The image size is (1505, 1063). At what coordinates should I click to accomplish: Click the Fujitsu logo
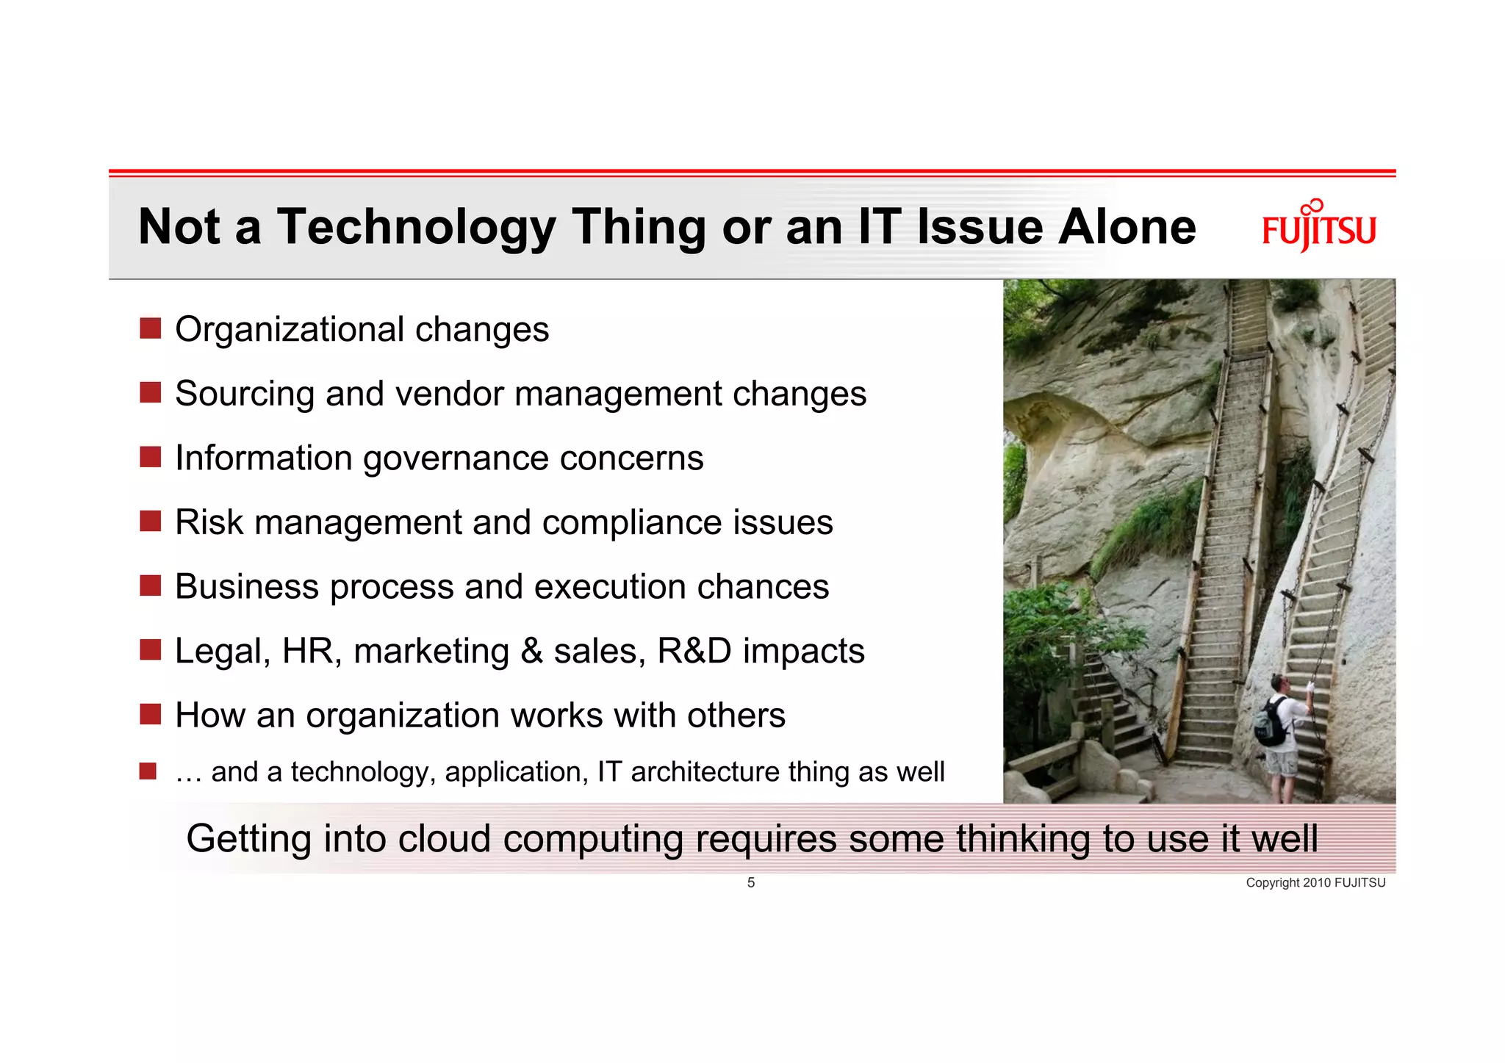pyautogui.click(x=1318, y=228)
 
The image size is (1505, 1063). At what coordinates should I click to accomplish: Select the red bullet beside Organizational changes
pyautogui.click(x=150, y=328)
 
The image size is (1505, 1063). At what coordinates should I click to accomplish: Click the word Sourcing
pyautogui.click(x=245, y=394)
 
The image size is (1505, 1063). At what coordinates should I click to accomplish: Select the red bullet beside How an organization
pyautogui.click(x=150, y=714)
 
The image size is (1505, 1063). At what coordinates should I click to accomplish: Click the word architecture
pyautogui.click(x=705, y=772)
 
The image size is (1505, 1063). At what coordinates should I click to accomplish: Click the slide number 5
pyautogui.click(x=750, y=882)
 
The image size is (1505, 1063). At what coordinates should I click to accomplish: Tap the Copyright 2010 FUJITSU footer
pyautogui.click(x=1315, y=882)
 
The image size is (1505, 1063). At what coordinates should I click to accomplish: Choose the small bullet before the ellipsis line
pyautogui.click(x=148, y=771)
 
